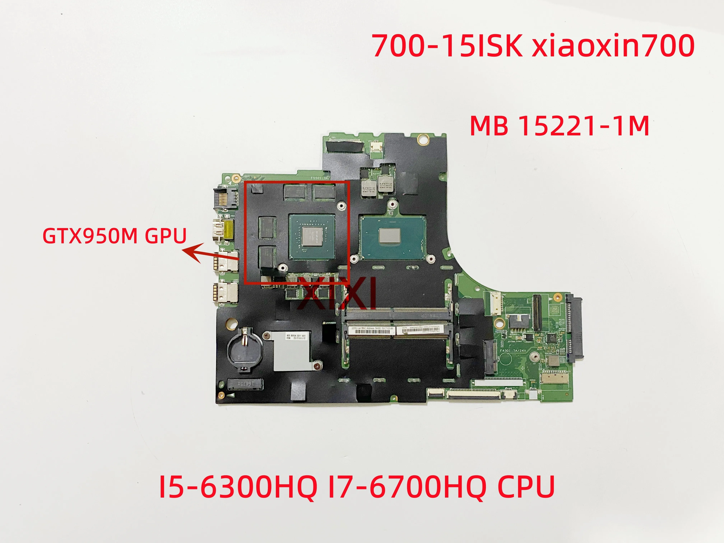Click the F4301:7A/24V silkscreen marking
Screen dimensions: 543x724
pos(513,351)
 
